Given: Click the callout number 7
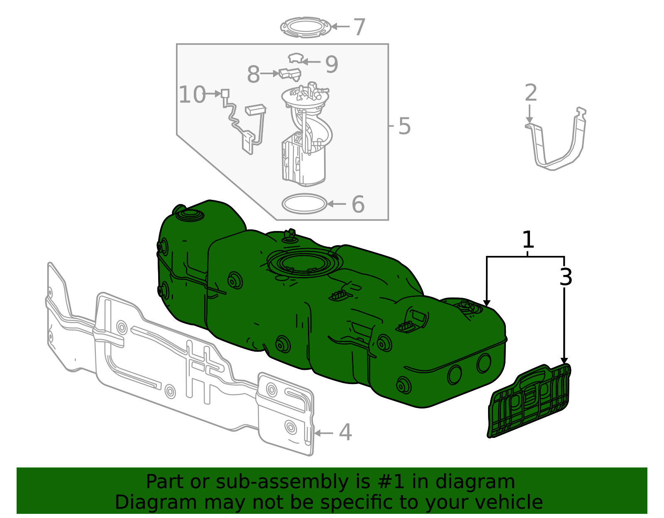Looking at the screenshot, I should (359, 27).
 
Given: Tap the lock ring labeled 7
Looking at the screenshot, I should (305, 27).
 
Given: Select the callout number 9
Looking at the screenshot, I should (332, 65).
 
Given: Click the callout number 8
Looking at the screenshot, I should (253, 75).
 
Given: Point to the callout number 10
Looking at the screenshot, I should (192, 95).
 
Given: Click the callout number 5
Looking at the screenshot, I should (404, 126).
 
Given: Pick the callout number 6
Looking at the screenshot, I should (358, 204).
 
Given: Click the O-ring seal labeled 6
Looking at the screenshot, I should (304, 204).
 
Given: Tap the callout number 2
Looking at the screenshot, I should (531, 93).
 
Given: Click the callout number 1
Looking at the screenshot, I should (527, 240).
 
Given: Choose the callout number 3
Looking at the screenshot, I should (566, 277).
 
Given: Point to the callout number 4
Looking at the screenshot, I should (345, 433).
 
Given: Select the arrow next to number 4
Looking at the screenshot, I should (324, 433).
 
